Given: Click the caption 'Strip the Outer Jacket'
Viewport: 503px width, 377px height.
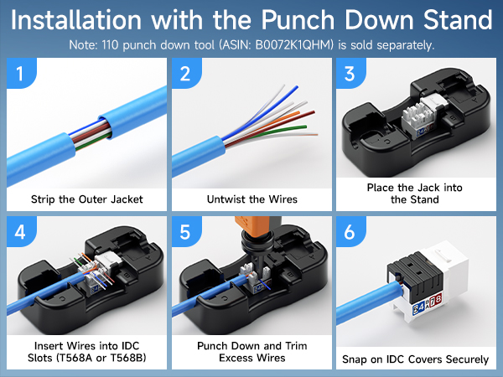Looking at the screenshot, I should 86,199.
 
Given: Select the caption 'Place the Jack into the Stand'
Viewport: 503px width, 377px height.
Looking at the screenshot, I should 415,194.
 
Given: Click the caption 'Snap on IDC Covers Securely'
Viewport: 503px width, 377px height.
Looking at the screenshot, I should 415,359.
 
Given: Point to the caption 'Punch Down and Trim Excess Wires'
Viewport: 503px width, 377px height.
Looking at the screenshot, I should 251,352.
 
